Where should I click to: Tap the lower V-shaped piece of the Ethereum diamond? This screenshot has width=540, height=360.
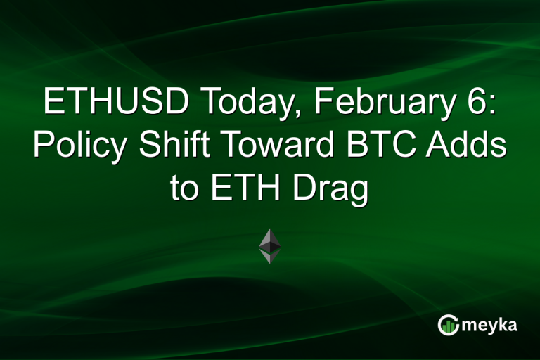click(x=270, y=256)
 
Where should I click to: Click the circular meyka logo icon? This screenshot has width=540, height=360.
click(x=448, y=325)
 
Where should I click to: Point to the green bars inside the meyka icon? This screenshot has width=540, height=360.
click(x=448, y=326)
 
